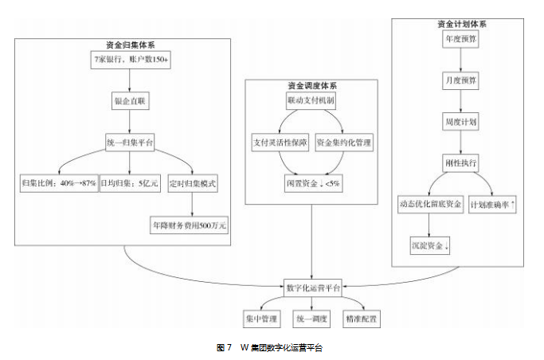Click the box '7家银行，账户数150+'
click(x=131, y=61)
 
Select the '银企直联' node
click(x=131, y=101)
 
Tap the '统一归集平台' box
click(x=131, y=142)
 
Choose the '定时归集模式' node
click(x=194, y=183)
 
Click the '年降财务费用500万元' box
click(x=189, y=225)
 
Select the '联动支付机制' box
click(x=311, y=101)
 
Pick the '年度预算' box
click(x=460, y=39)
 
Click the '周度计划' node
click(x=460, y=122)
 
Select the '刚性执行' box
click(x=460, y=163)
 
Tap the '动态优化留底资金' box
click(x=430, y=205)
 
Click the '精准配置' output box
click(x=361, y=319)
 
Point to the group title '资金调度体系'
click(x=311, y=85)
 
